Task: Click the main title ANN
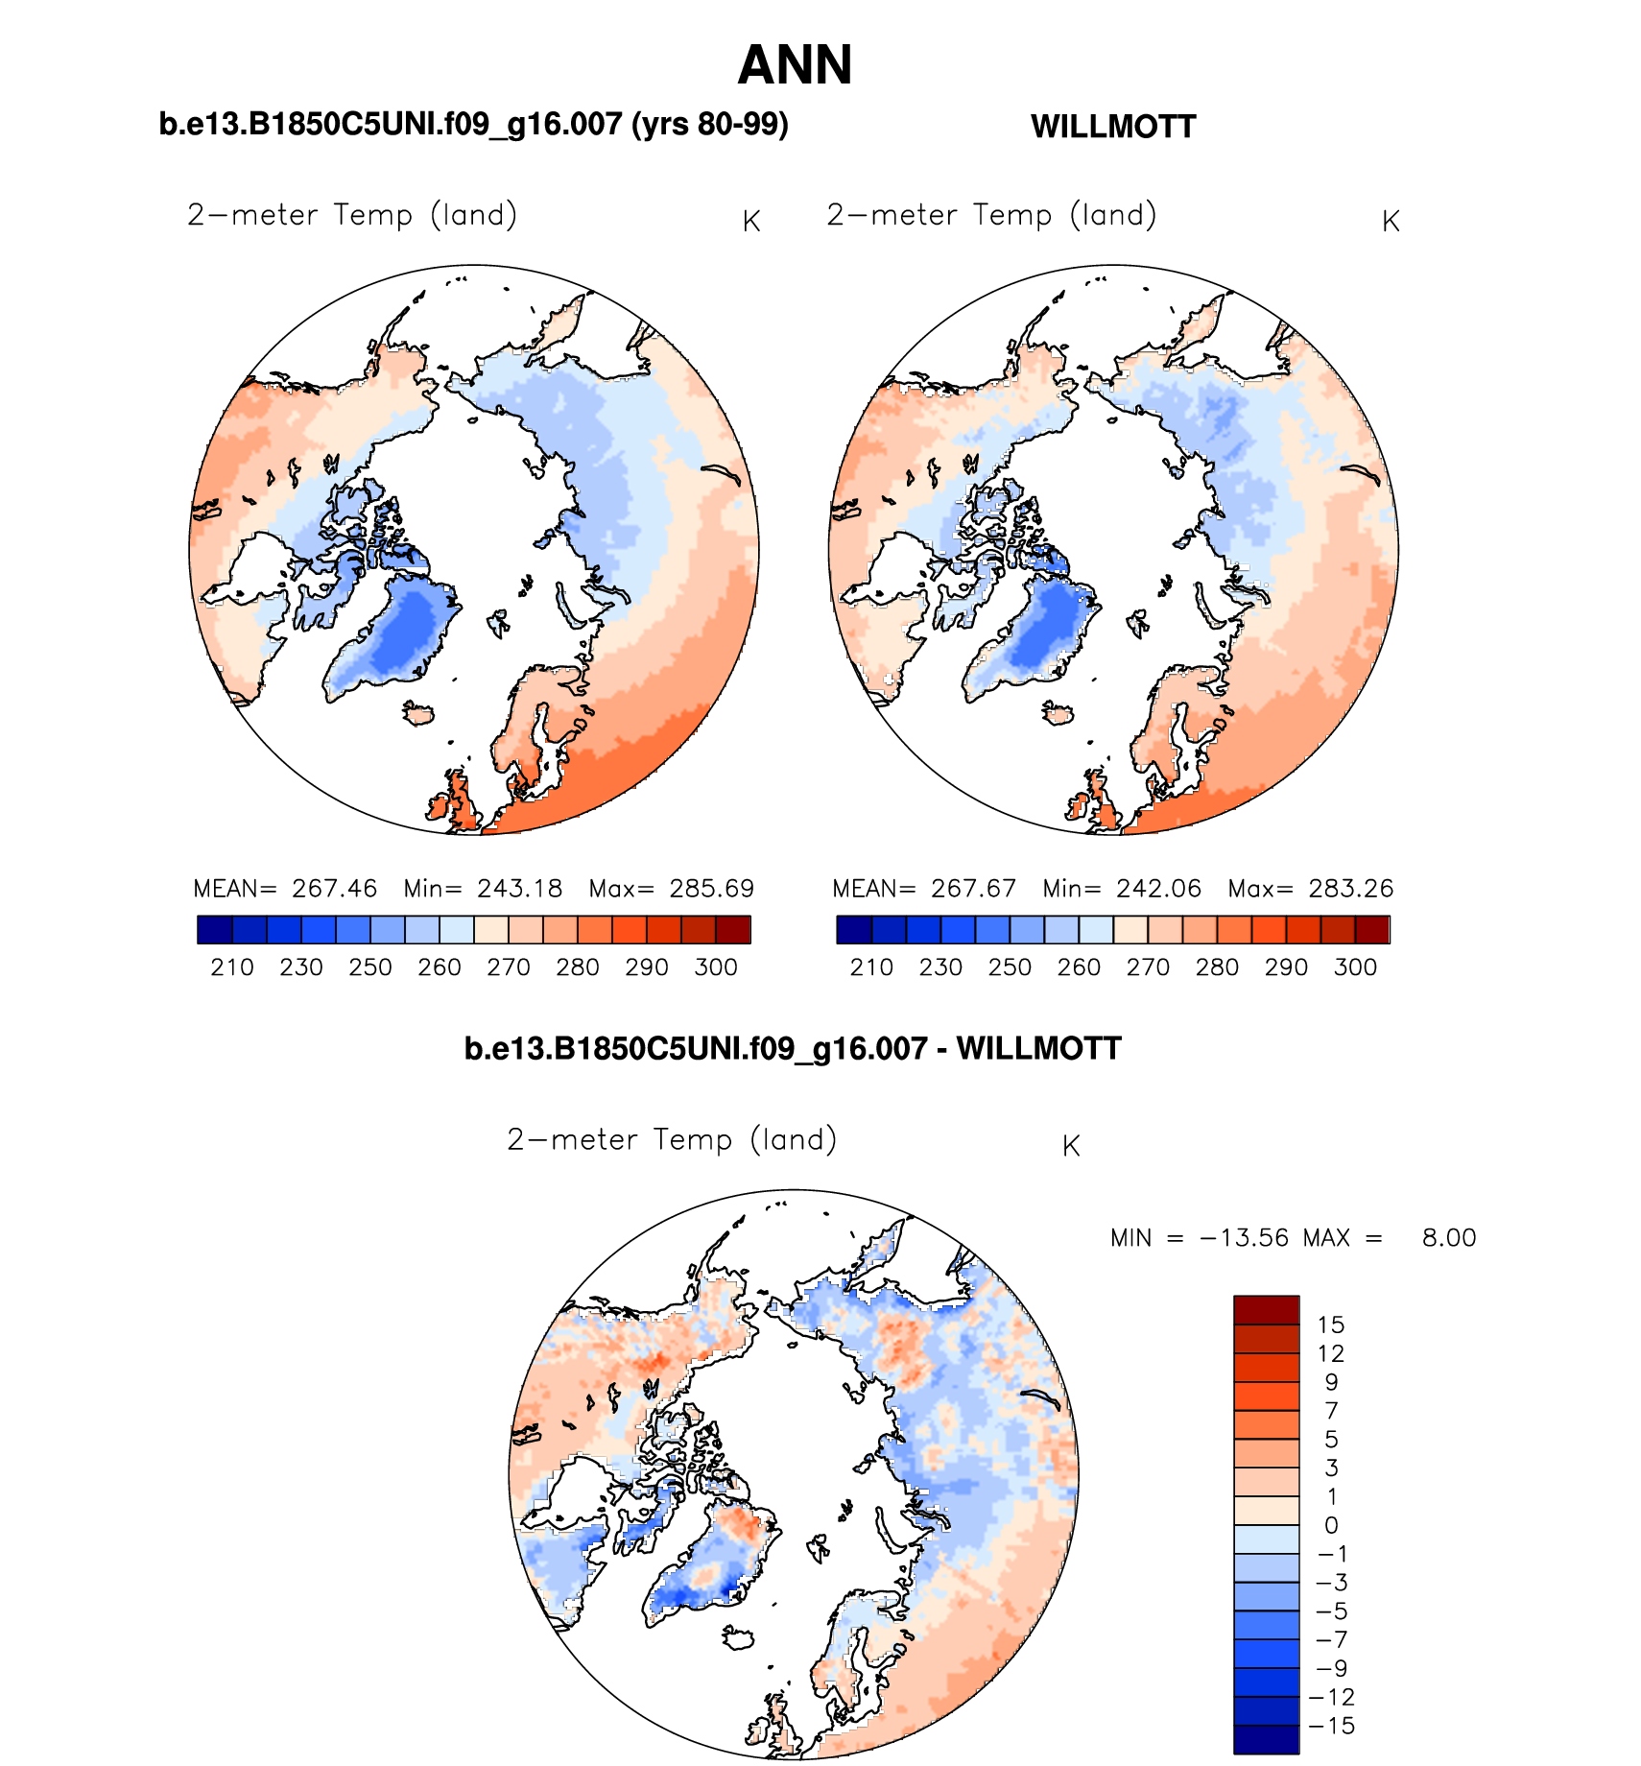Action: (x=795, y=65)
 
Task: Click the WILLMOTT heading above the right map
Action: (x=1113, y=127)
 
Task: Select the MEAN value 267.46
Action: (x=334, y=889)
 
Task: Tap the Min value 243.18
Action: (x=519, y=889)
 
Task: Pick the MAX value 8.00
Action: (x=1448, y=1238)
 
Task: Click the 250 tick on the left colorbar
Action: (x=370, y=967)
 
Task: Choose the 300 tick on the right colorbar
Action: (x=1355, y=967)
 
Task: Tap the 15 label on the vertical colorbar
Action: (x=1330, y=1325)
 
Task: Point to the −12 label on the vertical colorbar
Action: (x=1332, y=1698)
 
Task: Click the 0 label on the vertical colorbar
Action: (x=1331, y=1526)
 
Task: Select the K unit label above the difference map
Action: (x=1071, y=1146)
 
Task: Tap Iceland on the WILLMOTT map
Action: (x=1059, y=713)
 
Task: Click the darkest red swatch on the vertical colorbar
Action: (x=1266, y=1310)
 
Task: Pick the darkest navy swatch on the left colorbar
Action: (x=214, y=929)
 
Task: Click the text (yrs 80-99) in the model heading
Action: (x=710, y=125)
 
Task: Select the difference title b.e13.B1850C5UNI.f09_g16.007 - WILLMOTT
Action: (x=793, y=1048)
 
